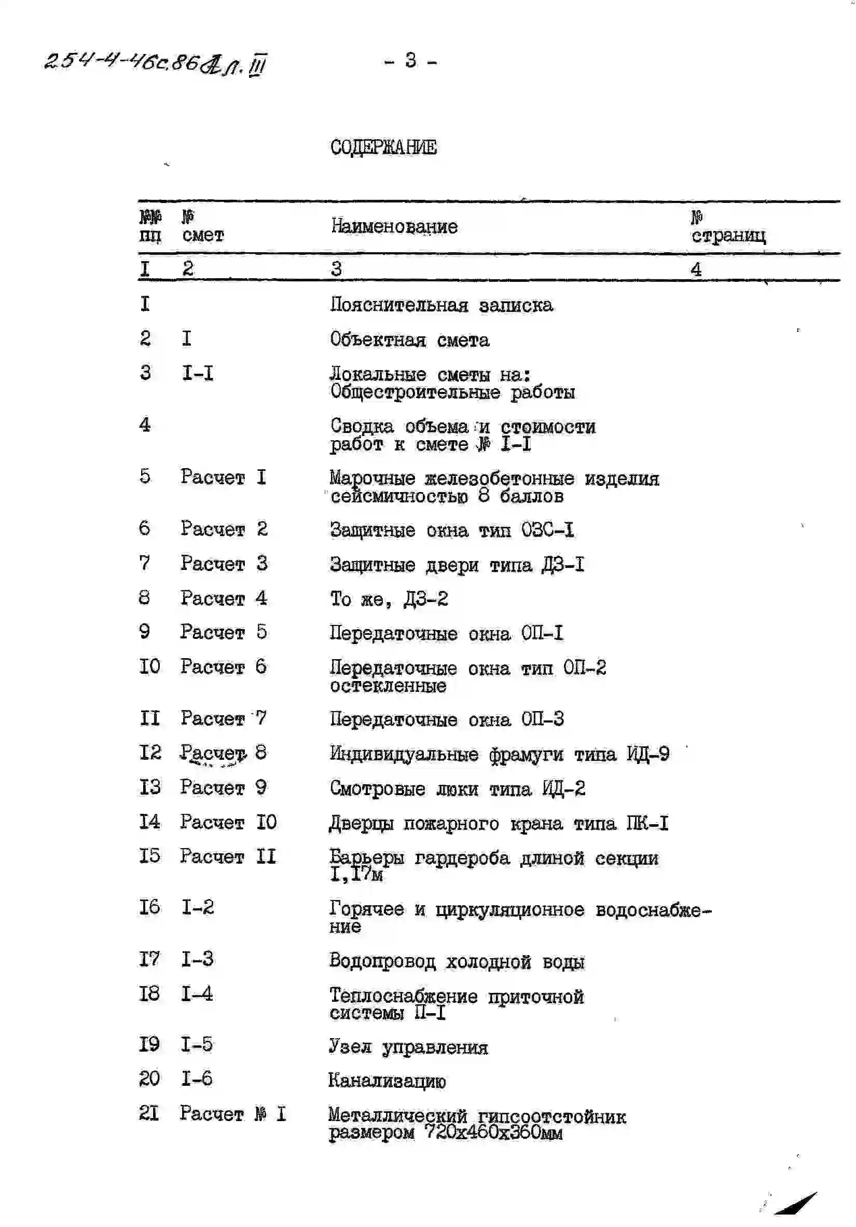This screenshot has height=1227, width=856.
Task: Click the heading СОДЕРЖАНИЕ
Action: (383, 146)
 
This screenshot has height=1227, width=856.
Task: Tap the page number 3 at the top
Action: (410, 60)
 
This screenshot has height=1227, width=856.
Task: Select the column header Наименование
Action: (394, 227)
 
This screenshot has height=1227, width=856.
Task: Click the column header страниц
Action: (728, 236)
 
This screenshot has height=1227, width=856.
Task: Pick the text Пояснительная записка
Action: (441, 305)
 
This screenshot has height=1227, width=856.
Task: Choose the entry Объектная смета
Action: (409, 340)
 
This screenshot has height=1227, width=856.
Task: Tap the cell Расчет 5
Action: (223, 632)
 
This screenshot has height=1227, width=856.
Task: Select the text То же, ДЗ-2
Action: (389, 599)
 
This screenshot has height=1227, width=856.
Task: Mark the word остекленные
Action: (388, 686)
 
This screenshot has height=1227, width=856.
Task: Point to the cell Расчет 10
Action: (228, 823)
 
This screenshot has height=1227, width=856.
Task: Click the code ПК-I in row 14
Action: (647, 824)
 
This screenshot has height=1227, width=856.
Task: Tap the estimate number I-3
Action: (197, 959)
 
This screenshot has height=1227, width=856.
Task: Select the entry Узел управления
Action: (408, 1047)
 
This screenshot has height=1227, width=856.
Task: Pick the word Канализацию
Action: (386, 1081)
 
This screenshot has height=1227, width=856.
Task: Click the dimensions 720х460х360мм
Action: (493, 1133)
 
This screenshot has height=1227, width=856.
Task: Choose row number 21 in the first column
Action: (149, 1113)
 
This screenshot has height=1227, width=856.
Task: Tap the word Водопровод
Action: (382, 961)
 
